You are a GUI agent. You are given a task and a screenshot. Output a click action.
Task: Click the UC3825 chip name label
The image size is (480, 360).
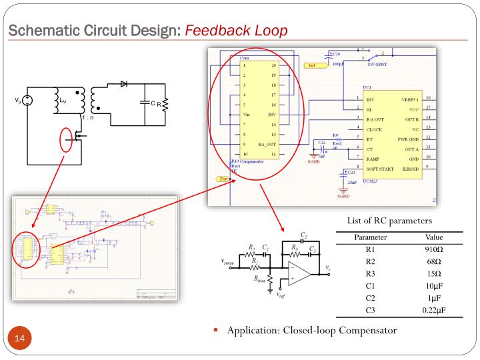[371, 180]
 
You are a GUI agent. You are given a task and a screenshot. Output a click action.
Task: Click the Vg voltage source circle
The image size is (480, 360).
[27, 101]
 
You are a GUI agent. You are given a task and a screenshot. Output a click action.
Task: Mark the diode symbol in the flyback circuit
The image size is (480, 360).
[123, 85]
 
